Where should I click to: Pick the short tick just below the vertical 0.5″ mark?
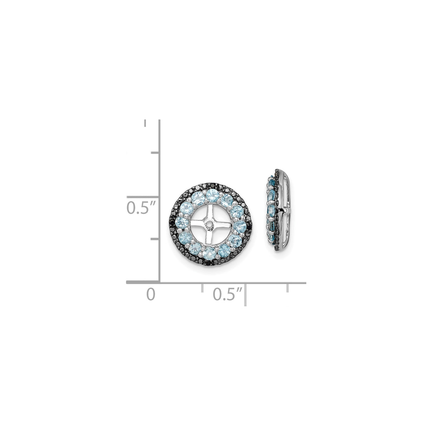point(154,239)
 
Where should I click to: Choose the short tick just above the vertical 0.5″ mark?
point(154,153)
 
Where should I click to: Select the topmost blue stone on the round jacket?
point(211,194)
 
